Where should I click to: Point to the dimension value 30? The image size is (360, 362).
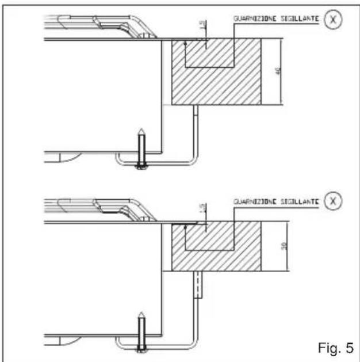click(285, 246)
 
